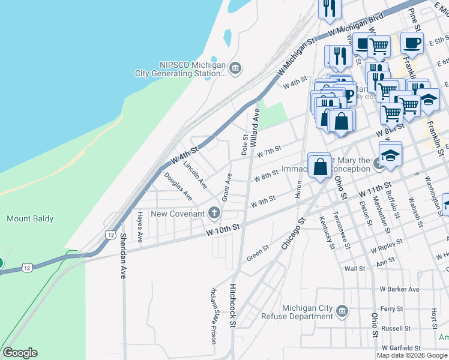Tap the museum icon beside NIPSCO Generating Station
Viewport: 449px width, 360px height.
tap(235, 67)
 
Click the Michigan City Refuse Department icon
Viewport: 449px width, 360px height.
tap(342, 311)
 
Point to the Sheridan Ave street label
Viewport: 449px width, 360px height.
tap(123, 256)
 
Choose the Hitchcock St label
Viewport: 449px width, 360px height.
tap(233, 305)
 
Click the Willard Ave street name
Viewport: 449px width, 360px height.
tap(256, 122)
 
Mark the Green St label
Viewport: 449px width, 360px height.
tap(257, 253)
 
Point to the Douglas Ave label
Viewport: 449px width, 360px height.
tap(178, 187)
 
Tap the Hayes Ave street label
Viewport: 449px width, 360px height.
tap(140, 226)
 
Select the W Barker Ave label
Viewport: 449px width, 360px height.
tap(399, 289)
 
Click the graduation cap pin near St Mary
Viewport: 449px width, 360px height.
tap(390, 155)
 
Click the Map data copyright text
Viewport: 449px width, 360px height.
tap(412, 355)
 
